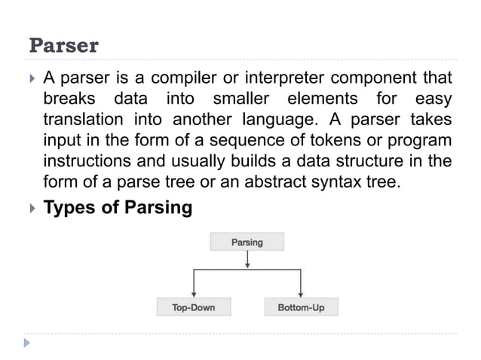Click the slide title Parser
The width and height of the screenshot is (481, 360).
(x=63, y=46)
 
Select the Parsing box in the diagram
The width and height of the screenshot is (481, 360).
(x=247, y=242)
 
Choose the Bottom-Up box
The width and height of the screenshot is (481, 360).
(x=302, y=307)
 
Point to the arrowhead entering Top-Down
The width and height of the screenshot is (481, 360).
(x=195, y=294)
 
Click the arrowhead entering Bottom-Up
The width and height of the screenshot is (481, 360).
(x=301, y=294)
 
